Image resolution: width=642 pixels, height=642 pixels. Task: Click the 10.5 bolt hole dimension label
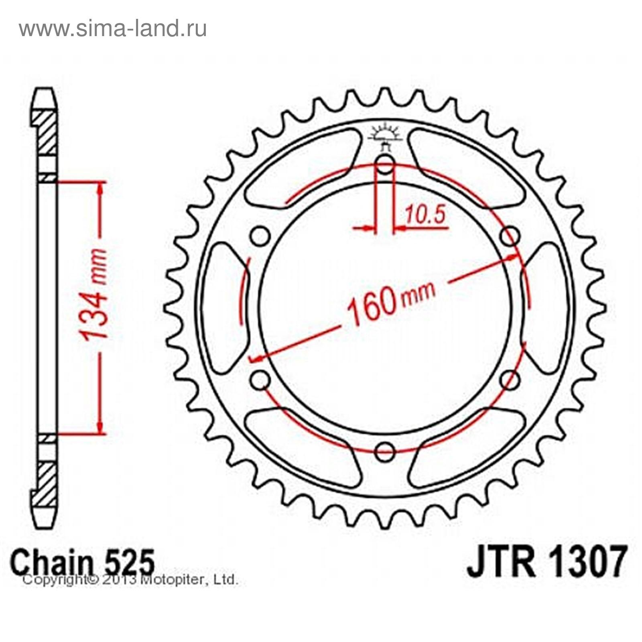pyautogui.click(x=425, y=215)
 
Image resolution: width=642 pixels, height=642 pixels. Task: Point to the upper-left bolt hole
pyautogui.click(x=261, y=236)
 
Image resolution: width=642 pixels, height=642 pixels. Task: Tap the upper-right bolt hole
pyautogui.click(x=510, y=236)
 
